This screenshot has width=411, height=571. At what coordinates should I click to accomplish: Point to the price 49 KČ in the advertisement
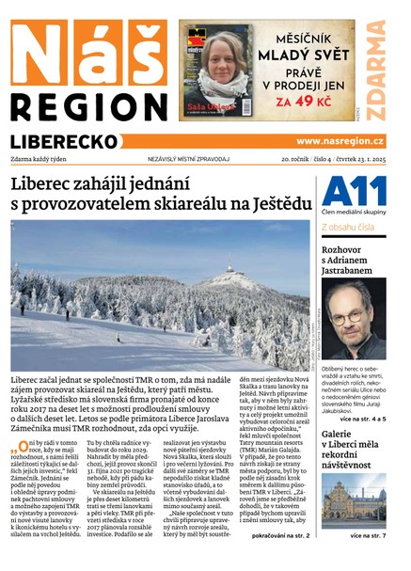point(316,101)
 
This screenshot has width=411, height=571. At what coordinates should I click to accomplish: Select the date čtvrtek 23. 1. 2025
point(357,160)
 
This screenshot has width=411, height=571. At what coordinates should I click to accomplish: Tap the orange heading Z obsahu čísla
point(350,227)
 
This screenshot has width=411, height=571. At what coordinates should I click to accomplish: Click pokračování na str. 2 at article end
point(280,534)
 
